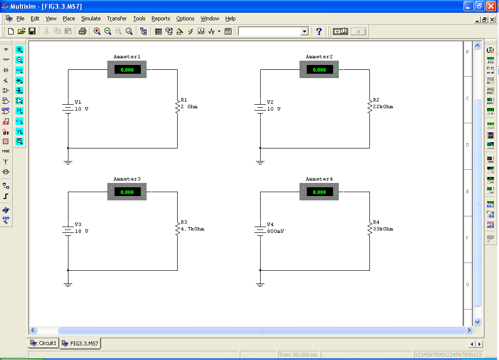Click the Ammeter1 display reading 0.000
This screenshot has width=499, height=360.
tap(127, 70)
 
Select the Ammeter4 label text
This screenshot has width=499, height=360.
tap(319, 179)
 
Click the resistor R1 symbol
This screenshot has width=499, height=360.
tap(177, 106)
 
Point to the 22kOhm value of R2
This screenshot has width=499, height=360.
tap(383, 107)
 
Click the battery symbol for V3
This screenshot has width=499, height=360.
tap(67, 230)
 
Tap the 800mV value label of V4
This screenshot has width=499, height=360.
tap(275, 231)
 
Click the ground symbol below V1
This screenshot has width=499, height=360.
tap(68, 162)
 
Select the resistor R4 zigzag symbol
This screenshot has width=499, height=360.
tap(369, 228)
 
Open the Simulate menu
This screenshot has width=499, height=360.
tap(91, 18)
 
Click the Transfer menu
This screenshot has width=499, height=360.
tap(116, 18)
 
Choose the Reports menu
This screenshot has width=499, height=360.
tap(161, 18)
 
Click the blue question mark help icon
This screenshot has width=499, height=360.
tap(319, 31)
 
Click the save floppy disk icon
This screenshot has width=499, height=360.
tap(32, 31)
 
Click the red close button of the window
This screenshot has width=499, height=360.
tap(491, 6)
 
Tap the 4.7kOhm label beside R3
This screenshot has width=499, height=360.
tap(192, 229)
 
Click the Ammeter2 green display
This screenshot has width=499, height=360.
tap(319, 70)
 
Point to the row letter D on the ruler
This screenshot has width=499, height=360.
tap(467, 145)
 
